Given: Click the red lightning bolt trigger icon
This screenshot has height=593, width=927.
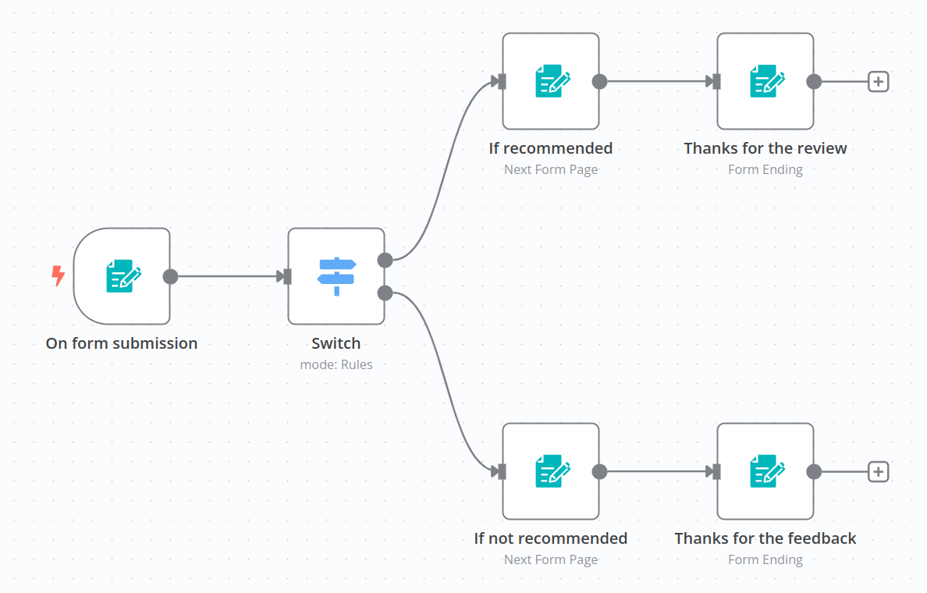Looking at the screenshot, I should [x=58, y=275].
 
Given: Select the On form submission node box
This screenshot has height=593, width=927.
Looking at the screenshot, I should [x=122, y=276].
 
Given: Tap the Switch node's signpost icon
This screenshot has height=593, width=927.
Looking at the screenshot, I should [x=336, y=276].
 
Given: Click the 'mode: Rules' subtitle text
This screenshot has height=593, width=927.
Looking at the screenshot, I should [x=336, y=364].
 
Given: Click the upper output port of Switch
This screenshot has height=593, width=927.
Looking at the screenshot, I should [x=385, y=260].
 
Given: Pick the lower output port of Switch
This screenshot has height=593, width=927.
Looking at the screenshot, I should [x=385, y=293].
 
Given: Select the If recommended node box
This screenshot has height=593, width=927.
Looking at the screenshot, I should [x=551, y=81].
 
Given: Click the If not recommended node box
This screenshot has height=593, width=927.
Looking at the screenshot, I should [x=551, y=471].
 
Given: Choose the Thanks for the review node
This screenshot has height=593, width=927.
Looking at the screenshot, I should [x=765, y=81].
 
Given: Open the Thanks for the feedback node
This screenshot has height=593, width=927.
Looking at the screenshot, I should [x=765, y=471].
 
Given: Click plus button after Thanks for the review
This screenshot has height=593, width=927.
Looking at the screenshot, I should [x=879, y=81].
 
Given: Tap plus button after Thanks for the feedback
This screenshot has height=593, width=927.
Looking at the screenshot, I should [x=879, y=471].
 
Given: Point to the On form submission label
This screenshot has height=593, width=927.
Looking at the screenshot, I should [x=122, y=343].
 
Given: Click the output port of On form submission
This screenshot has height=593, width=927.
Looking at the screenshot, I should [x=170, y=276].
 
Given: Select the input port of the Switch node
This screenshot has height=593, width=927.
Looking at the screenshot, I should [x=287, y=276].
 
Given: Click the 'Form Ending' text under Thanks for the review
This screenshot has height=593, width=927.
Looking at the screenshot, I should [x=765, y=169].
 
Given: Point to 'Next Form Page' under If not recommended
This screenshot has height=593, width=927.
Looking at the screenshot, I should [x=551, y=559].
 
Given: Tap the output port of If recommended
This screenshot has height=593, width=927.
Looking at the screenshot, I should [x=599, y=81].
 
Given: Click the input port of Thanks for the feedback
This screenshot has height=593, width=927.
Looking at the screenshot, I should [x=716, y=471].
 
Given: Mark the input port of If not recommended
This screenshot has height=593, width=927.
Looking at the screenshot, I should [x=502, y=471].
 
